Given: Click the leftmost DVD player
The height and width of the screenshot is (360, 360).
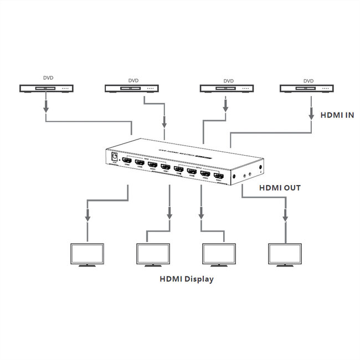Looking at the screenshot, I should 48,88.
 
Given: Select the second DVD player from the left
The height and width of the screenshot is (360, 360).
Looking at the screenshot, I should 132,88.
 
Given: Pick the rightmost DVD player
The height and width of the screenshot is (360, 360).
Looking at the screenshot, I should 307,88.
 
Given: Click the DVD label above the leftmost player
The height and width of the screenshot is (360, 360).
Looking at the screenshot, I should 48,79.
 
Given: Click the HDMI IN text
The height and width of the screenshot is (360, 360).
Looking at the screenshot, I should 338,115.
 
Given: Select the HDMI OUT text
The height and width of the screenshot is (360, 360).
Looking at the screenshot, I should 280,188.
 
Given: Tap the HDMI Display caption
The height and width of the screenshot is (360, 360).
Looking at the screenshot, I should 186,279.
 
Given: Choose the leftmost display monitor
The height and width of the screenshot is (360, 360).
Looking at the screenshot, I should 87,254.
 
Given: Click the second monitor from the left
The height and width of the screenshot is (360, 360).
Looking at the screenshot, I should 153,254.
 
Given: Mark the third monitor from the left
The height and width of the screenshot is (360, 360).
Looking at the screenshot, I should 220,254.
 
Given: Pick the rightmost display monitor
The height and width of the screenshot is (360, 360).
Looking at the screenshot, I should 285,254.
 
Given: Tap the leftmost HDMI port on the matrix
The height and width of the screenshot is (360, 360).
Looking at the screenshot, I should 127,160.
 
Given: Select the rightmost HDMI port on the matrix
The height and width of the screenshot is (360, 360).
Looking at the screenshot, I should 219,177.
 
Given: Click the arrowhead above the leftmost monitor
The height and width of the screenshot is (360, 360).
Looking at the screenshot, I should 87,218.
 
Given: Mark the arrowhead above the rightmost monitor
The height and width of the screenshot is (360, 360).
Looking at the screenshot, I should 285,218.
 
